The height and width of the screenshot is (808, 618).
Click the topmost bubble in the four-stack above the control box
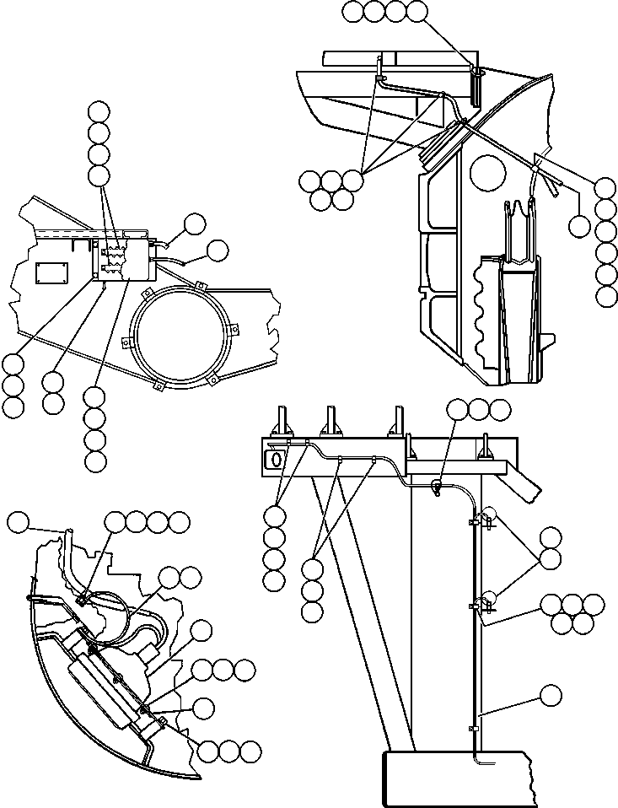(x=99, y=110)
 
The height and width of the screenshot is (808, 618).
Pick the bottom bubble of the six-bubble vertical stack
(x=605, y=296)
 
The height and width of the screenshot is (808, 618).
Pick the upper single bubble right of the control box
(x=195, y=223)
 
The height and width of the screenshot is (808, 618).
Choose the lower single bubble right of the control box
(x=218, y=250)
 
